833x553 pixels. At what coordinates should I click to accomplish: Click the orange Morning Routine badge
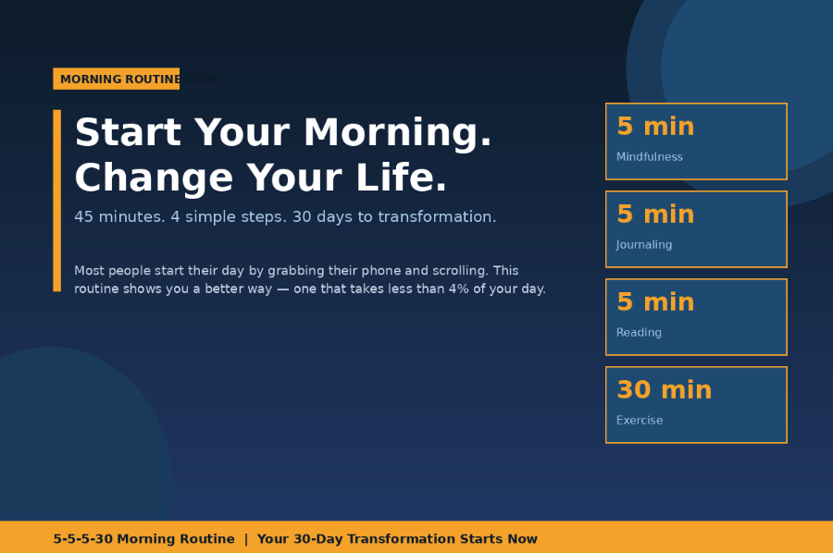(116, 79)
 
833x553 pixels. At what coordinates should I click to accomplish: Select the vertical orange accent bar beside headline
(56, 200)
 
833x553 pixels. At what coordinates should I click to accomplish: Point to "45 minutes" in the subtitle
(118, 216)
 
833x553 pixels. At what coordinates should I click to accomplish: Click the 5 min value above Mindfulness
(655, 127)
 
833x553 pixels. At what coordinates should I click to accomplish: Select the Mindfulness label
(650, 157)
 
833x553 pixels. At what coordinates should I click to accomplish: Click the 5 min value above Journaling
(655, 215)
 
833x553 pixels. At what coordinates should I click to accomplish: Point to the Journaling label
(644, 245)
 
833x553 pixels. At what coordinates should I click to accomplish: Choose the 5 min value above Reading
(655, 302)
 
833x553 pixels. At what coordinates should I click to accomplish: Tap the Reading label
(639, 333)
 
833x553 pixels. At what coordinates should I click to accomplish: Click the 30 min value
(664, 390)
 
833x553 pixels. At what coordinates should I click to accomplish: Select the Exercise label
(640, 421)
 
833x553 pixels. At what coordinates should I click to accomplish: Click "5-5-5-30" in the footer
(82, 539)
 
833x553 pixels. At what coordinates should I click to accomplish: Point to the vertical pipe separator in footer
(246, 539)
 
